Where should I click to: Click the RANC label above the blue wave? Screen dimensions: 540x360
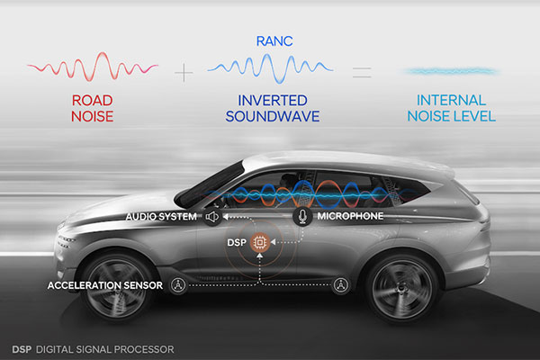pos(274,41)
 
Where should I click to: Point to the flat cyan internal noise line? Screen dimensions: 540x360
pos(451,71)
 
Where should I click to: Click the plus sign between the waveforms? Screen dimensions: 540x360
pos(184,73)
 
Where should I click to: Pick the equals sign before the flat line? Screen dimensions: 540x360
pos(362,72)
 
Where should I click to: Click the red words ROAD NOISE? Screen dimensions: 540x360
pos(93,109)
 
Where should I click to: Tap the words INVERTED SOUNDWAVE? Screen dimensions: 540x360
pos(273,109)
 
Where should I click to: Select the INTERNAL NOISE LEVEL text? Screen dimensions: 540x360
pos(452,109)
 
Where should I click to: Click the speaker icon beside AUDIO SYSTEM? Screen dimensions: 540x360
pos(212,217)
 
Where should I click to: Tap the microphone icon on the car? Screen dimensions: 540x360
pos(302,216)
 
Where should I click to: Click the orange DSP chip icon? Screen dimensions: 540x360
pos(260,242)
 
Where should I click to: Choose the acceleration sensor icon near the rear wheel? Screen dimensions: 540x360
pos(340,285)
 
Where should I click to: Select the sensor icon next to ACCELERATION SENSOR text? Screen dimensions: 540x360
pos(178,285)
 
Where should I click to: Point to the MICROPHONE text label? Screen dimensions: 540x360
pos(350,216)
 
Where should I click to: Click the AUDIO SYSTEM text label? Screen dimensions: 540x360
pos(161,217)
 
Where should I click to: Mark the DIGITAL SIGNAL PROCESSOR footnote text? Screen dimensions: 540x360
pos(105,349)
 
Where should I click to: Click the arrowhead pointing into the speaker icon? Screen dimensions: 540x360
pos(225,217)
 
